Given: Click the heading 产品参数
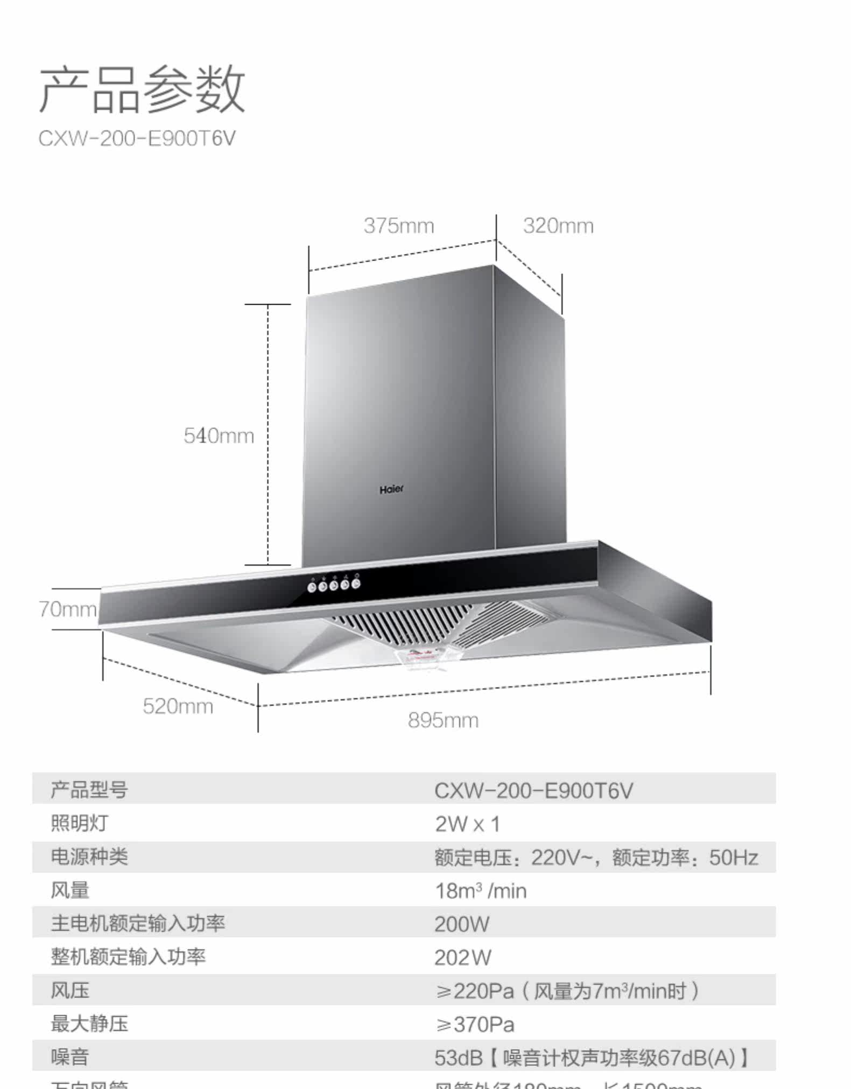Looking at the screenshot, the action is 142,89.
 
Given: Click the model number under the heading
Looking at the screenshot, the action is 137,139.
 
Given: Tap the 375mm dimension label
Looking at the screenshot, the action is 399,226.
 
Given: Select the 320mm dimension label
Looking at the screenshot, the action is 558,226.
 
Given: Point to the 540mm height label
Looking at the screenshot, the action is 219,435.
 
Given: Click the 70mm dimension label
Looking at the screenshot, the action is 68,609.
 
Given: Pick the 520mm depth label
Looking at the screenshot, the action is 178,706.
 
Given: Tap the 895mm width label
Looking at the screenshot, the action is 443,720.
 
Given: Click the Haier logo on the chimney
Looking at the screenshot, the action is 391,489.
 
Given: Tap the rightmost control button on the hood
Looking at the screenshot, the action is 356,584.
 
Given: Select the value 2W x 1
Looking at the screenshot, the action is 467,824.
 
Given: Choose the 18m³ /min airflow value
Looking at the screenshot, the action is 480,891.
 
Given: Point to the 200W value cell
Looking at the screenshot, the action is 462,924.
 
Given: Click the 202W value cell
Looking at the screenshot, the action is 463,958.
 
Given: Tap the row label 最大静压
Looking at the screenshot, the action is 89,1024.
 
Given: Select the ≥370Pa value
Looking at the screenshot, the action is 475,1024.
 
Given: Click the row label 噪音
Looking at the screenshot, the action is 70,1057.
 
